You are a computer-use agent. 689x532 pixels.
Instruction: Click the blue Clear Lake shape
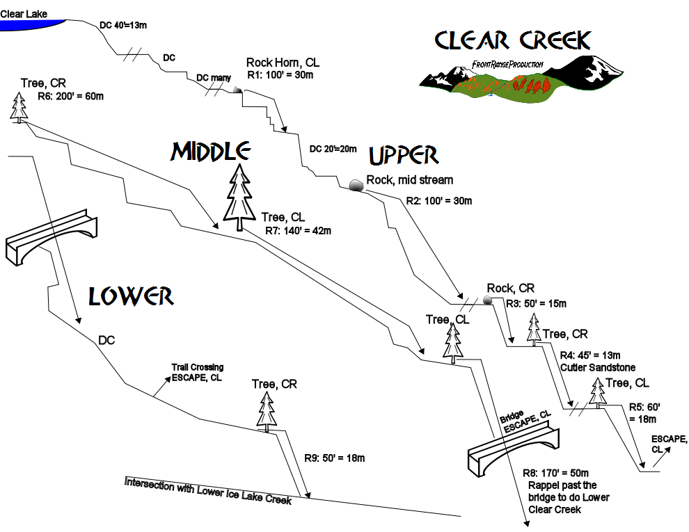(x=28, y=23)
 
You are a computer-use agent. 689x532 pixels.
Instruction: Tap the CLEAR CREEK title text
(x=513, y=40)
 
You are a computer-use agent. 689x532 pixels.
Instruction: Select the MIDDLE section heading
(x=211, y=151)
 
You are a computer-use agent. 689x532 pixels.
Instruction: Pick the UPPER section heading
(x=403, y=154)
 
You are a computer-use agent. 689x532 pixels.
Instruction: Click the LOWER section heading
(x=130, y=296)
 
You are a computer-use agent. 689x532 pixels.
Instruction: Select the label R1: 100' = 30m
(x=281, y=74)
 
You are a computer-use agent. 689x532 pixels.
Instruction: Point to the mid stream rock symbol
(x=356, y=185)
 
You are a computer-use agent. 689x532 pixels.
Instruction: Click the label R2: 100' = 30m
(x=438, y=201)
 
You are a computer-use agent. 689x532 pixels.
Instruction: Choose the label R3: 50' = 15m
(x=536, y=303)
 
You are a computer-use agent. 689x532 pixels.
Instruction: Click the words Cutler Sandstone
(x=597, y=367)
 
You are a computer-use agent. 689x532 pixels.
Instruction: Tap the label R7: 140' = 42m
(x=298, y=230)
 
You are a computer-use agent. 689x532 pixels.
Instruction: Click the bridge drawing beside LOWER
(x=53, y=239)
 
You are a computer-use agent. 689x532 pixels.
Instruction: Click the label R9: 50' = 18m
(x=334, y=458)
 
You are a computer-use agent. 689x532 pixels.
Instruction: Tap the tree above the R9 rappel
(x=266, y=410)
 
